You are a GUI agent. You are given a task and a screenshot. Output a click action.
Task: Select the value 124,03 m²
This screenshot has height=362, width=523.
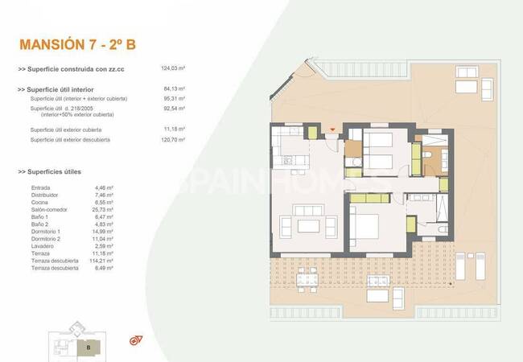point(174,69)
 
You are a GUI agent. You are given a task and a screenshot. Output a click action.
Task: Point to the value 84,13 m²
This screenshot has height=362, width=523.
point(174,89)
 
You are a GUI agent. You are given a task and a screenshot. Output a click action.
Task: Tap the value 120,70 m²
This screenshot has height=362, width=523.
point(174,140)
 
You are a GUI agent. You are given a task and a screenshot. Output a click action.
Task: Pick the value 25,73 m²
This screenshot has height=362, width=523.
point(105,209)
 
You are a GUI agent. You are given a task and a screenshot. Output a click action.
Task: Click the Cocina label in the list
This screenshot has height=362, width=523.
point(39,202)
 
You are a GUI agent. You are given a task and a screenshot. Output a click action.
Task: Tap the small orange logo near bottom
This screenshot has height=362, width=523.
point(134,341)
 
